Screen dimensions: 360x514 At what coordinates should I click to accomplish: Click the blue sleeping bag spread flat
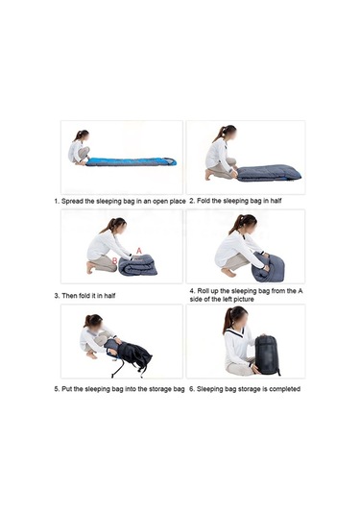(131, 161)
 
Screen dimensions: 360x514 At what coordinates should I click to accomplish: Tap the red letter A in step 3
(139, 251)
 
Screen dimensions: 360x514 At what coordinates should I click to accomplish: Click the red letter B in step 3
(114, 261)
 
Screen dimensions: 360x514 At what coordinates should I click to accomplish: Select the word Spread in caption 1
(72, 201)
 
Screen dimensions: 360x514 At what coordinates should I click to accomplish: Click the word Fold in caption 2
(204, 201)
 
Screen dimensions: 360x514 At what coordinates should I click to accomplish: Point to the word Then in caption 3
(70, 296)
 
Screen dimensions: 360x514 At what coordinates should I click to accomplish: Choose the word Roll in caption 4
(204, 291)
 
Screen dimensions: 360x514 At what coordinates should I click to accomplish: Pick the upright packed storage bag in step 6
(267, 355)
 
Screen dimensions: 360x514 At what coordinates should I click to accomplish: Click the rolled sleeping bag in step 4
(268, 267)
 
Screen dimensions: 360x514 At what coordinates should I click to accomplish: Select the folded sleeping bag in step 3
(137, 265)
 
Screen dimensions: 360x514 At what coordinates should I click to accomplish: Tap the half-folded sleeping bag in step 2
(269, 173)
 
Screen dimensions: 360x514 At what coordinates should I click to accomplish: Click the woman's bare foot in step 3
(90, 267)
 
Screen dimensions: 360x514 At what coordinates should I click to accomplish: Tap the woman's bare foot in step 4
(228, 273)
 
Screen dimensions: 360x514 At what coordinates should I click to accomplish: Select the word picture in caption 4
(244, 300)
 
